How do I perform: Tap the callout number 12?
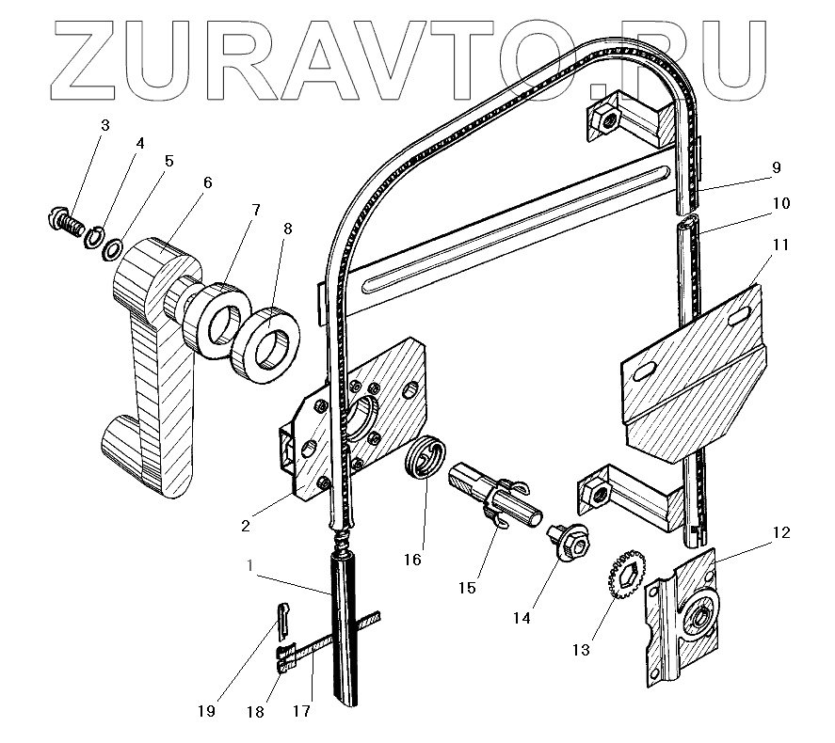pos(781,532)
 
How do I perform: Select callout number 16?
pos(411,560)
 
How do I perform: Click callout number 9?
pos(776,168)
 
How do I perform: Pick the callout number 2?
pos(245,526)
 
